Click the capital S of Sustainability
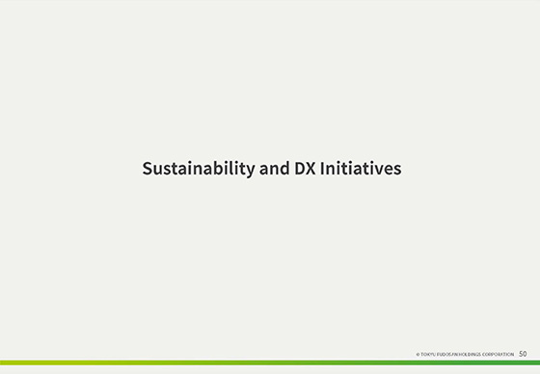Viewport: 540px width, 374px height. (x=148, y=169)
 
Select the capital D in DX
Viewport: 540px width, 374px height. (x=298, y=169)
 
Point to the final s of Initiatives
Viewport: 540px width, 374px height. (x=396, y=170)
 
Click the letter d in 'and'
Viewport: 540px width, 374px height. (x=283, y=169)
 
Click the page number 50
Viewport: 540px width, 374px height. (x=523, y=354)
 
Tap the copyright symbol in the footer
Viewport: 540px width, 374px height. (x=418, y=355)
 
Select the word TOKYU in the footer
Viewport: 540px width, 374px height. (x=428, y=355)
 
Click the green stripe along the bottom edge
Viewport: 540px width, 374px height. (x=270, y=363)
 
